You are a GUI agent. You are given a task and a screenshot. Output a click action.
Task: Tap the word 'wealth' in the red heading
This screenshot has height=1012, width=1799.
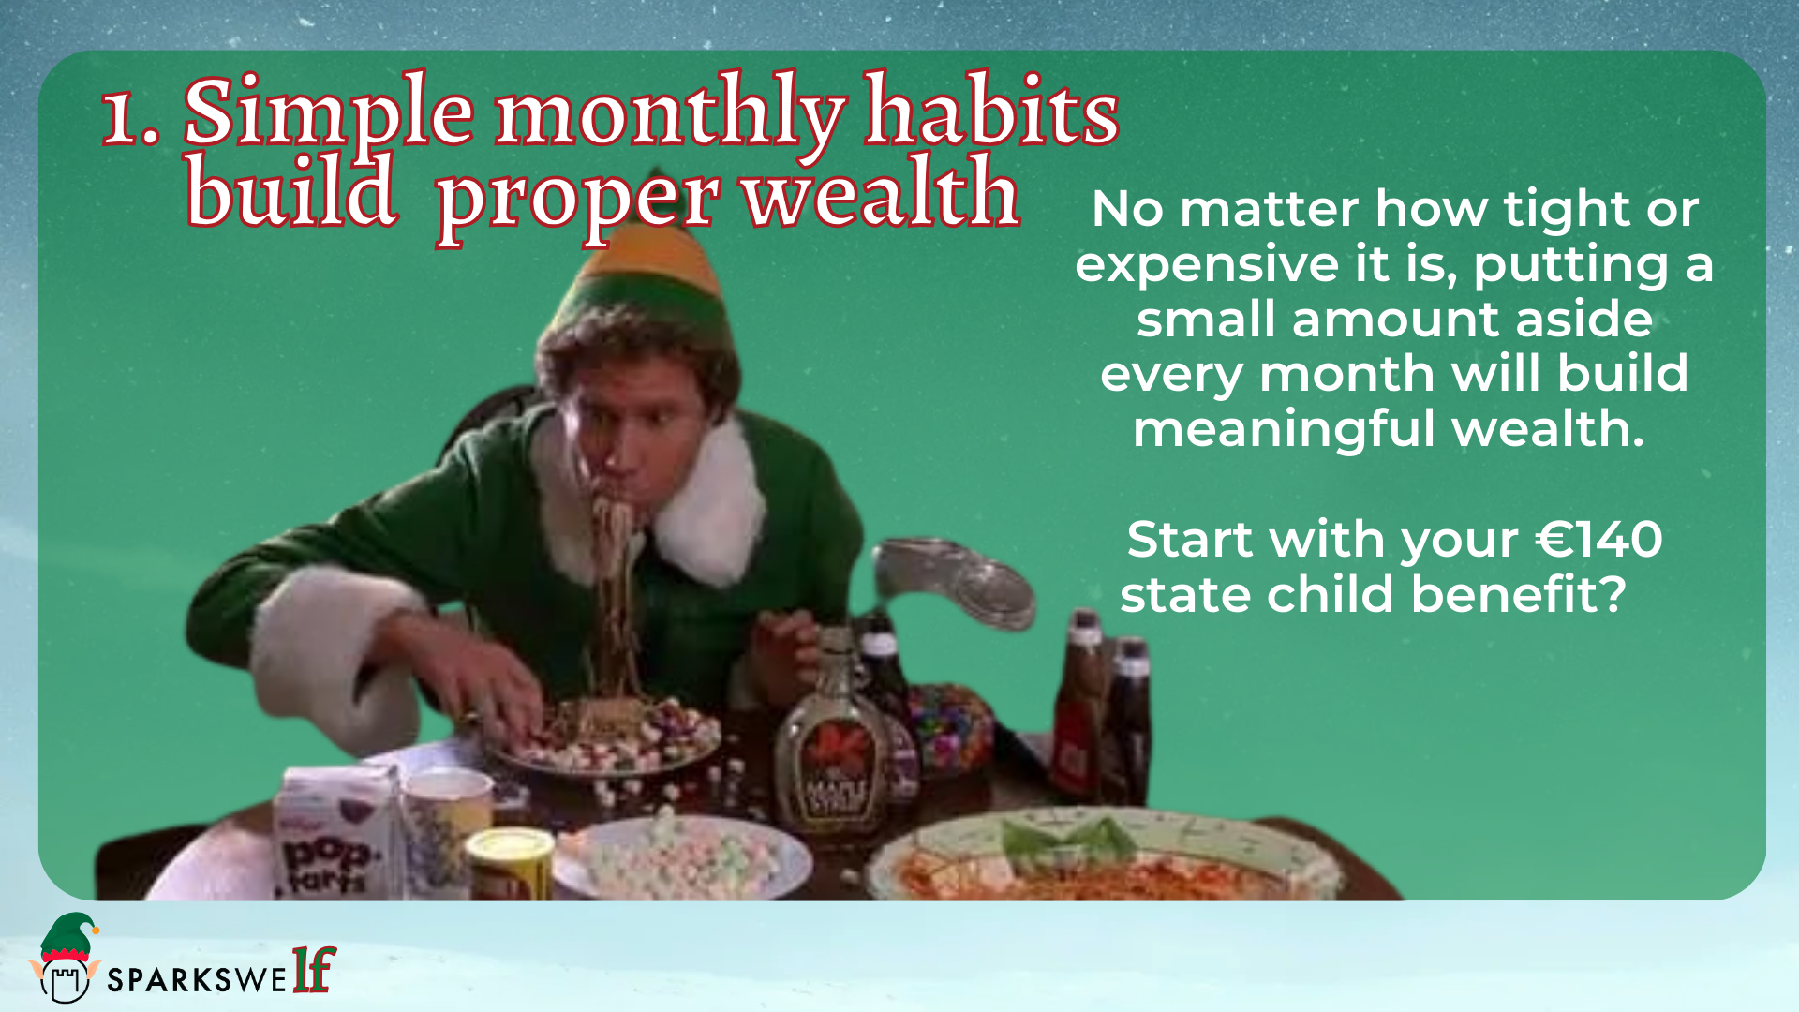point(882,191)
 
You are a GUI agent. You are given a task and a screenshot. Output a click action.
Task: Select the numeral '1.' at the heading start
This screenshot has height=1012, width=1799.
point(130,116)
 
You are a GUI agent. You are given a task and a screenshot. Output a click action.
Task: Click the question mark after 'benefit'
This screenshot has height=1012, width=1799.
point(1613,593)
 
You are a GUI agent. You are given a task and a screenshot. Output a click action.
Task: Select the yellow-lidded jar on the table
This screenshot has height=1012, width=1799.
point(510,863)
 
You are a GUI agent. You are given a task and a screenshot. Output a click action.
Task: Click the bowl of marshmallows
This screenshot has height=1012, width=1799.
point(681,858)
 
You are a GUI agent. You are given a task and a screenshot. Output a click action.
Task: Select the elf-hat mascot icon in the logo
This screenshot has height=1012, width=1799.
point(66,957)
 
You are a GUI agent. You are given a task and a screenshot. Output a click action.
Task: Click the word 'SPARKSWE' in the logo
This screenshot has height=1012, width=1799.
point(197,980)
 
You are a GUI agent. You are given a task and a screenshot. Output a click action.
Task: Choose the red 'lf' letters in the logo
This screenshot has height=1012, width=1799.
point(314,969)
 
